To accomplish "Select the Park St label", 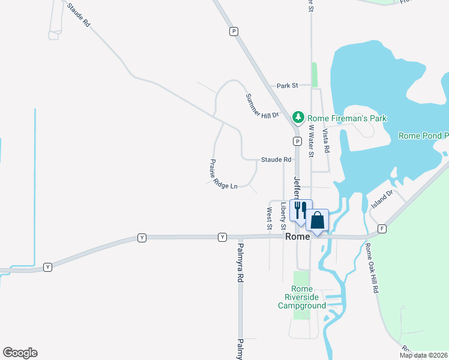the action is [287, 86].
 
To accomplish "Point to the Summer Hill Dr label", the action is [262, 106].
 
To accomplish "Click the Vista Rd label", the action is [327, 139].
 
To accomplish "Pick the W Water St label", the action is [311, 140].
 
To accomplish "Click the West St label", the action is [269, 218].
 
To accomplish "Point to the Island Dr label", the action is [381, 199].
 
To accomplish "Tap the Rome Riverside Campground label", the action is [301, 297].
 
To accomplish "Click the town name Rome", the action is [297, 237].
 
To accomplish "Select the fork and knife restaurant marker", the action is [300, 209].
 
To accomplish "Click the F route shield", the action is [382, 229].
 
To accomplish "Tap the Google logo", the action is [20, 353].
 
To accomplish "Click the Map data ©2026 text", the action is [424, 355].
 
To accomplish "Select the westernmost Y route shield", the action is [48, 266].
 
